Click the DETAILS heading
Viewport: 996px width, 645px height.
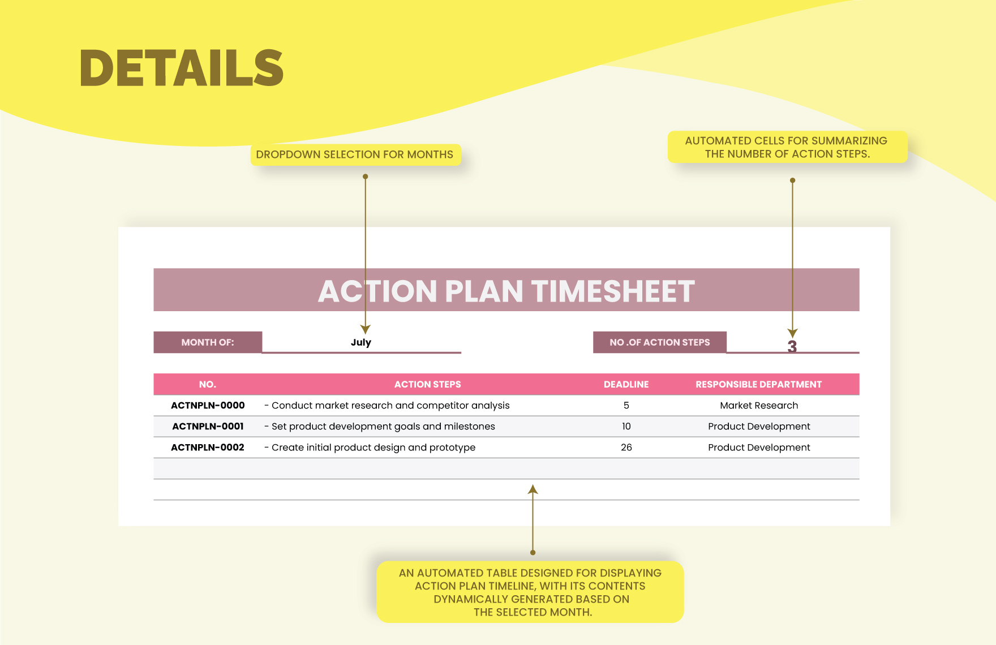[182, 68]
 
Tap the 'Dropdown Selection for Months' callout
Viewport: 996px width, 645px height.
[355, 154]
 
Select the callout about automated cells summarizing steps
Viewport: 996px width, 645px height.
[787, 147]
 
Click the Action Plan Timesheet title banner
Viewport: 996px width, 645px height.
[506, 290]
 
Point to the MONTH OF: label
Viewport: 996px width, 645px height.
[208, 342]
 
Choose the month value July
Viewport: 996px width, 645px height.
[361, 342]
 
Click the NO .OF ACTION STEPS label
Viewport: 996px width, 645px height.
[660, 342]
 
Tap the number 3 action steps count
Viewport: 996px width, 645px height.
[792, 346]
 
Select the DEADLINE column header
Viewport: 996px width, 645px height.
[626, 384]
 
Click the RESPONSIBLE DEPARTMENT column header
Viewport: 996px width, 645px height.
[759, 384]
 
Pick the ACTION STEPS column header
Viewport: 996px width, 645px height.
[428, 384]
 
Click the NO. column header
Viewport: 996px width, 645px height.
[208, 384]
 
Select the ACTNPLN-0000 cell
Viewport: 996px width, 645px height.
[208, 405]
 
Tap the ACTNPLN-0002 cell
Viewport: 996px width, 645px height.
[208, 447]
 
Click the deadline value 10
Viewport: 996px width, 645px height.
[626, 426]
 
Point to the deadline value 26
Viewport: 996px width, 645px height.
[626, 447]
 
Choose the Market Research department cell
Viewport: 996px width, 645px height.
[759, 405]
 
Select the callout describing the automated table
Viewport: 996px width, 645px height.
[530, 592]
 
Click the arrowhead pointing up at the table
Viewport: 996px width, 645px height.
[533, 489]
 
